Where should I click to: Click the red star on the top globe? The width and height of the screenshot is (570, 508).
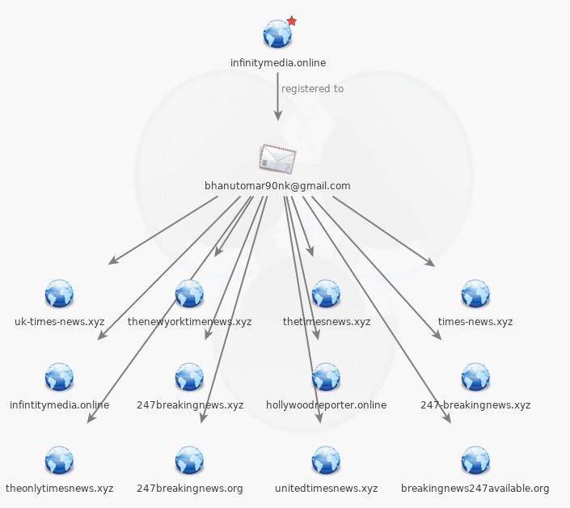(292, 21)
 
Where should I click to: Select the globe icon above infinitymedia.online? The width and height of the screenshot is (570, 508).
(277, 35)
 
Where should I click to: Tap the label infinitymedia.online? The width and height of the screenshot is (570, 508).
(278, 62)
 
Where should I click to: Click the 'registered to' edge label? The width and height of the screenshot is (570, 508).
(312, 89)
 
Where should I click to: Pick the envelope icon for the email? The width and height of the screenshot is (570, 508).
(277, 159)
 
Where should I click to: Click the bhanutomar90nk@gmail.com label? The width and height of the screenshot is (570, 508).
(277, 186)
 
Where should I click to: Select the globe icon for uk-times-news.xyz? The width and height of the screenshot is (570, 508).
(59, 294)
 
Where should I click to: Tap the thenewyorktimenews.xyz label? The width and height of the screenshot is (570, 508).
(189, 322)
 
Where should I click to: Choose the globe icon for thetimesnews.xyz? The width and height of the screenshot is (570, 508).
(326, 294)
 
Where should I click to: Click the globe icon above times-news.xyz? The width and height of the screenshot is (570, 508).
(475, 294)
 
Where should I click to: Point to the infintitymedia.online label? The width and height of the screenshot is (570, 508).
(59, 405)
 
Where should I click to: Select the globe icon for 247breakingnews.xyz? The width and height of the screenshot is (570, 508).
(189, 377)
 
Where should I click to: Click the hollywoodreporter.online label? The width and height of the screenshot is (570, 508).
(326, 405)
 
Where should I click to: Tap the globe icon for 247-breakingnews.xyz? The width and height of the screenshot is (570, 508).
(475, 377)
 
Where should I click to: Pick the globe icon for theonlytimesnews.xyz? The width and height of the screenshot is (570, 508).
(59, 460)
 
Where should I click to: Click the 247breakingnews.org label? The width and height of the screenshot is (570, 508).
(189, 489)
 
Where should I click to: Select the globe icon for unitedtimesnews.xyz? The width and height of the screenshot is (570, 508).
(326, 460)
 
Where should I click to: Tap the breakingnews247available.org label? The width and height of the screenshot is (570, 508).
(475, 489)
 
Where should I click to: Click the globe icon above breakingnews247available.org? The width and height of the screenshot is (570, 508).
(475, 460)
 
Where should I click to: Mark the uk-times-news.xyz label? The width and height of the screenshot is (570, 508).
(59, 322)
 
